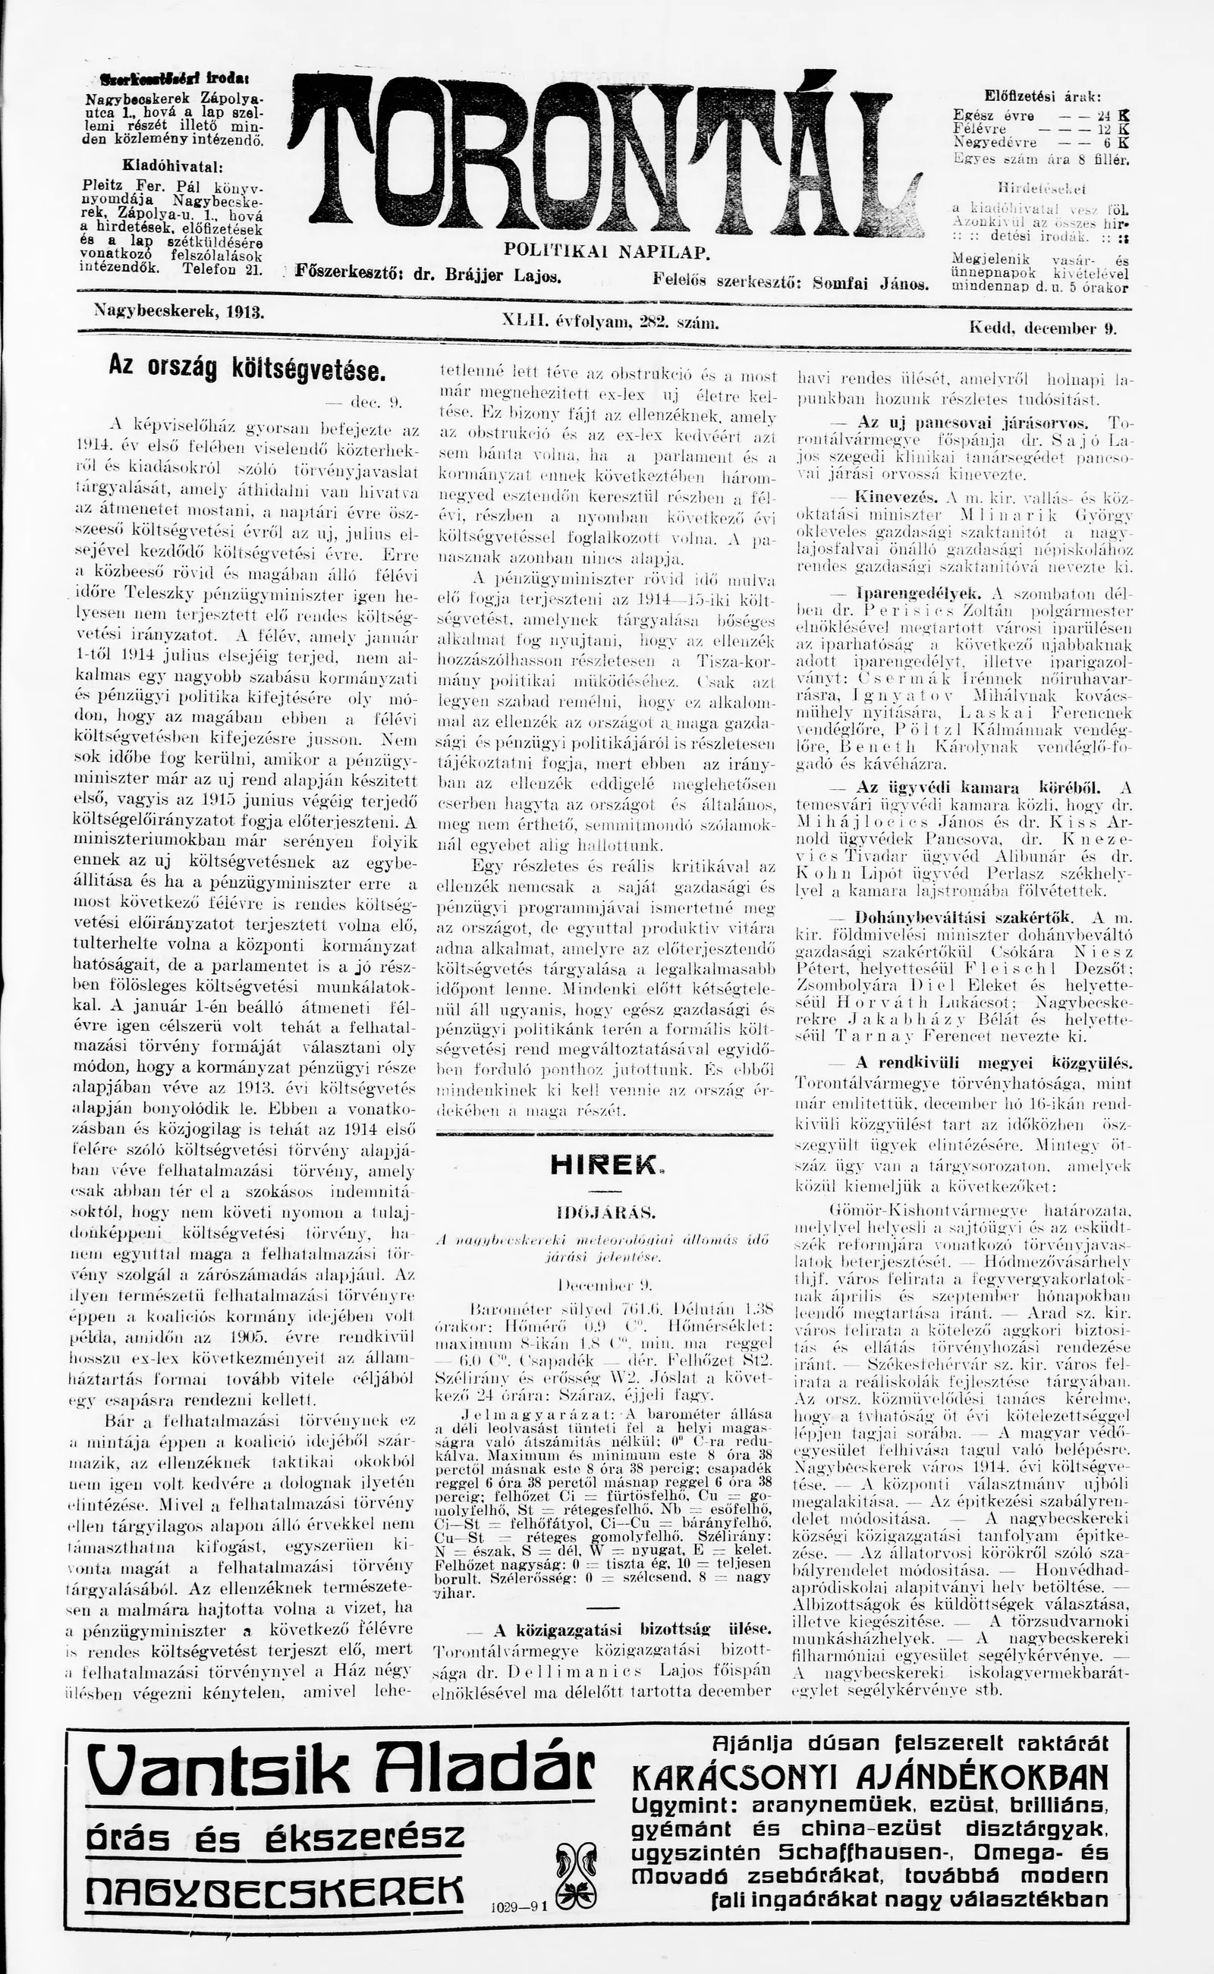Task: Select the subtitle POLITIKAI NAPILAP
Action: tap(606, 252)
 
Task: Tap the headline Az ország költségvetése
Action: tap(247, 369)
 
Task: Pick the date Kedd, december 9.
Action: tap(1043, 328)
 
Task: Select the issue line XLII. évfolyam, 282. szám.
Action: tap(609, 322)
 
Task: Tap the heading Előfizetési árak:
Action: tap(1043, 95)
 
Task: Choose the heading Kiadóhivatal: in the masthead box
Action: tap(171, 166)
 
